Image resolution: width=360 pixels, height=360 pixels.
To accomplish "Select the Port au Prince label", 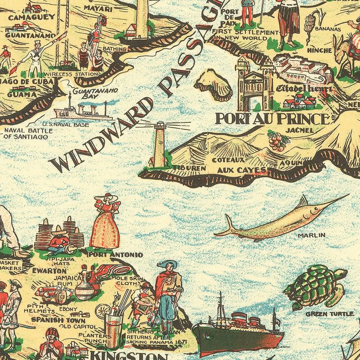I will pos(272,119).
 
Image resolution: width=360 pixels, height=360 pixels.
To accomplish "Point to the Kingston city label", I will pos(128,355).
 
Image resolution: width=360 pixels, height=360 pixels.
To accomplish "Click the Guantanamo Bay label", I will pos(95,94).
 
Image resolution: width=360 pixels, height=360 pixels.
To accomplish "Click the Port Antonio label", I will pos(115,254).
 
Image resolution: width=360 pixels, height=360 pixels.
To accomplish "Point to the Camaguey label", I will pos(26,17).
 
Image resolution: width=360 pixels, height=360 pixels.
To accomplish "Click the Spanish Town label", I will pos(58,320).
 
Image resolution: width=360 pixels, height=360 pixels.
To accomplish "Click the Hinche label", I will pos(320,50).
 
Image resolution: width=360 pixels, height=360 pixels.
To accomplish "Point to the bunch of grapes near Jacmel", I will pos(278,141).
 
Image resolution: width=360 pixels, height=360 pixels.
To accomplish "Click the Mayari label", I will pos(98,8).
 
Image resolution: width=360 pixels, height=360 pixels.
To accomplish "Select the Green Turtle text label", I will pos(324,314).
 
